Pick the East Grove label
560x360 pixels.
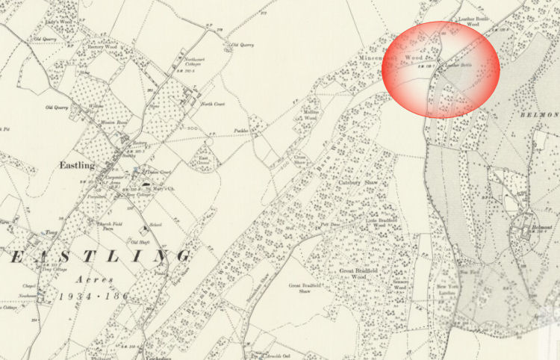pyautogui.click(x=202, y=158)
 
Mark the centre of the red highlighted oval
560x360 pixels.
pyautogui.click(x=441, y=69)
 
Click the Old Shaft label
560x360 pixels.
pyautogui.click(x=140, y=242)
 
